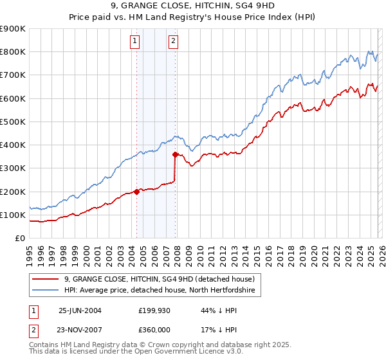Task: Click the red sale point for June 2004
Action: click(x=137, y=191)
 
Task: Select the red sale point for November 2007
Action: click(x=175, y=154)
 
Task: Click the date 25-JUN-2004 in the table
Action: click(x=80, y=310)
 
